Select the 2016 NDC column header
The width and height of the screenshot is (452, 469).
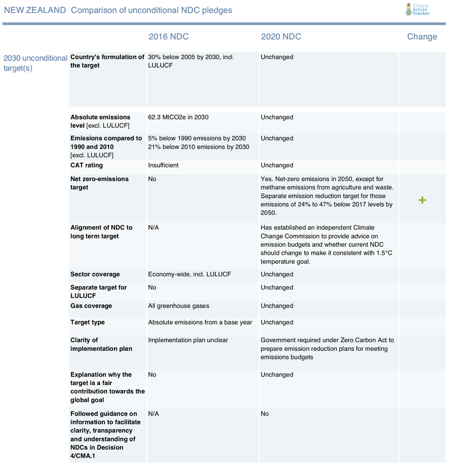tap(168, 37)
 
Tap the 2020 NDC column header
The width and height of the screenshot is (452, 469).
tap(281, 37)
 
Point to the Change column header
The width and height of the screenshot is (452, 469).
tap(422, 37)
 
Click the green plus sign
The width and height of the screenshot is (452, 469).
tap(422, 200)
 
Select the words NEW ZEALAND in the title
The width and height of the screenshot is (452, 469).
tap(35, 10)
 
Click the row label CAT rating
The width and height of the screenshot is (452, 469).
tap(87, 165)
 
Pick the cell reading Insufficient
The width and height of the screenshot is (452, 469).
tap(163, 165)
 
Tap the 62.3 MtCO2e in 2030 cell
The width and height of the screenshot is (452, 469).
tap(178, 118)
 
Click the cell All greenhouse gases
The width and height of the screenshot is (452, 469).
tap(179, 306)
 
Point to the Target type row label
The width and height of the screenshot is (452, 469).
tap(88, 322)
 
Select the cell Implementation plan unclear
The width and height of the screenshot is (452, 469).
tap(188, 340)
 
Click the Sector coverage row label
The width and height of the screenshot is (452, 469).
tap(95, 274)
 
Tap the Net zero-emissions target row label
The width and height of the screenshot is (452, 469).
tap(99, 183)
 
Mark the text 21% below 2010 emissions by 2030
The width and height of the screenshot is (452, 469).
tap(198, 147)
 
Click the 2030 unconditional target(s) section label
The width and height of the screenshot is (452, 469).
tap(35, 63)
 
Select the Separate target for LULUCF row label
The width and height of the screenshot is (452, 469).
tap(98, 292)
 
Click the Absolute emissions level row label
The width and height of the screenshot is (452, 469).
tap(100, 121)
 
